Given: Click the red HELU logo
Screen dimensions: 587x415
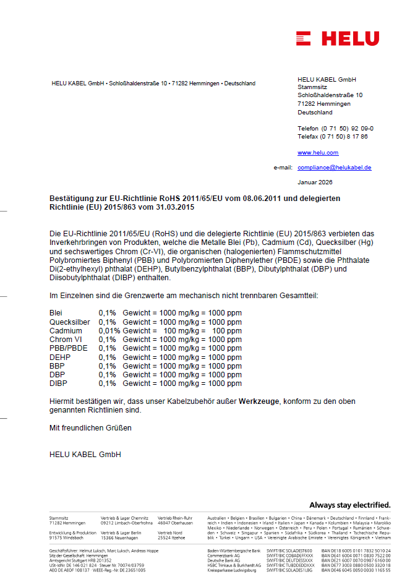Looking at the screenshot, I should point(337,38).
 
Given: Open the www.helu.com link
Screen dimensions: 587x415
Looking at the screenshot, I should point(318,152).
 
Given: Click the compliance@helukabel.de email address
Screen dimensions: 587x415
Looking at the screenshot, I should point(334,168).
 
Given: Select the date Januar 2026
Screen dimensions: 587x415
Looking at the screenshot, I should point(315,182).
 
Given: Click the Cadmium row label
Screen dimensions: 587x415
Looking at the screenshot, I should point(65,331).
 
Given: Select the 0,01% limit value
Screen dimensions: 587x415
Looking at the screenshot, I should point(109,331).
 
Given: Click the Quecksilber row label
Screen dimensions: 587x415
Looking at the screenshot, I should point(69,322).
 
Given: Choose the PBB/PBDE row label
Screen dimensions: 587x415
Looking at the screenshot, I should point(69,348).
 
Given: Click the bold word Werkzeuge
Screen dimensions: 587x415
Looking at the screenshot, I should point(259,401).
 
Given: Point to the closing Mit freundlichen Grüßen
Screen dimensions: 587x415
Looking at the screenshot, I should point(90,427).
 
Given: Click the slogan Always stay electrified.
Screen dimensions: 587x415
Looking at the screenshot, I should point(349,505).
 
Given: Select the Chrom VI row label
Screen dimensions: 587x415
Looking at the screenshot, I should point(65,340).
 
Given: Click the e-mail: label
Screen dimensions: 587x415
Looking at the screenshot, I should point(283,168).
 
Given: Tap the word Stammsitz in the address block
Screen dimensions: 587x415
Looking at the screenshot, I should point(311,87).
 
